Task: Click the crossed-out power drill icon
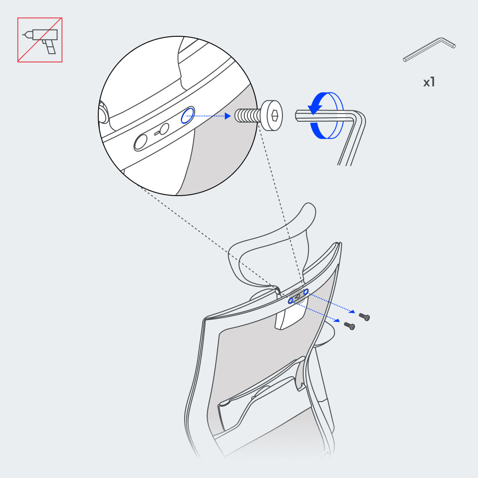(40, 40)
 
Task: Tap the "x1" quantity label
(429, 82)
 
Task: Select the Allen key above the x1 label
(429, 50)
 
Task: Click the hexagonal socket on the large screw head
(274, 116)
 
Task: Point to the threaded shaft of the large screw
(247, 116)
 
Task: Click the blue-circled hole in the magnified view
(188, 115)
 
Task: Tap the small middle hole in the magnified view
(165, 129)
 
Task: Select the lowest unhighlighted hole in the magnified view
(141, 143)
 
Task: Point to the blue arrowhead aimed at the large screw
(228, 116)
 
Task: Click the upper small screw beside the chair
(364, 317)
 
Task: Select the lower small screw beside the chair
(349, 326)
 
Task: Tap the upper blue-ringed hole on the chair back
(306, 292)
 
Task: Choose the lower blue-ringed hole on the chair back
(291, 301)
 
